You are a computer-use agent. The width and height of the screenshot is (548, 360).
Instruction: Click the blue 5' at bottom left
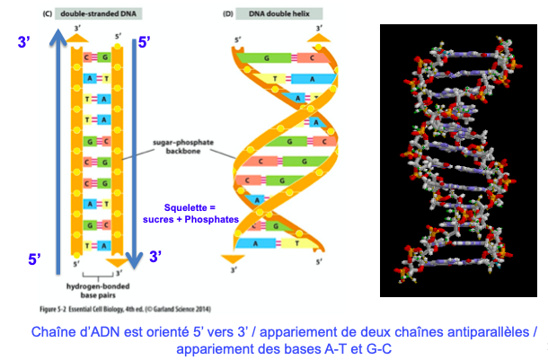pos(33,259)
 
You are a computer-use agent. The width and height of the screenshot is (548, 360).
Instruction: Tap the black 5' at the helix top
pos(237,40)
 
